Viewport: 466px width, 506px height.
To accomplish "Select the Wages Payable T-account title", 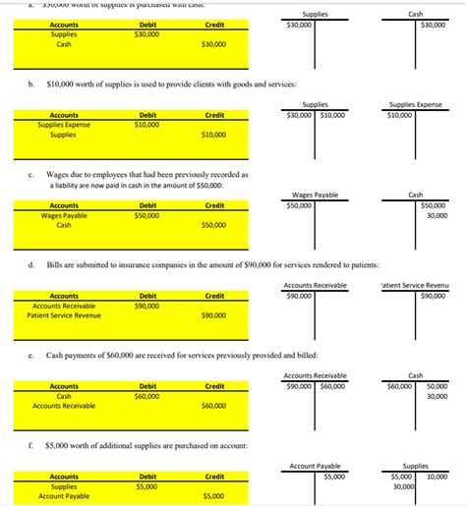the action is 315,195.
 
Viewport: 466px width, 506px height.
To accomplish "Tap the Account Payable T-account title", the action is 315,466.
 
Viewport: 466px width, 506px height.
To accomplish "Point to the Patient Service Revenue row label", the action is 64,315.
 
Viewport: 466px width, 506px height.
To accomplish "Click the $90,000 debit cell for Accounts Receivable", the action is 147,306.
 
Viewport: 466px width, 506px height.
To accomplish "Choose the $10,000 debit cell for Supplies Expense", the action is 147,125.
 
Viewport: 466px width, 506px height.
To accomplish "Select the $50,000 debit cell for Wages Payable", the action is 147,215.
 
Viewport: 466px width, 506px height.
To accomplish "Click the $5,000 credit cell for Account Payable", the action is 213,496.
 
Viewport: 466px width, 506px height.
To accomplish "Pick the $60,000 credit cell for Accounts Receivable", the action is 213,406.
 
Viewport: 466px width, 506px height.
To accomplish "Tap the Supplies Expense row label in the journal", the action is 64,125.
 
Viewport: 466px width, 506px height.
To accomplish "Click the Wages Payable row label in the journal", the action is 64,215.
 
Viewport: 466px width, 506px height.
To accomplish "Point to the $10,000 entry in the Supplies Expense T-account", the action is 400,115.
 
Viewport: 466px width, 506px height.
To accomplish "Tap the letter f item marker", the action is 32,445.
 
